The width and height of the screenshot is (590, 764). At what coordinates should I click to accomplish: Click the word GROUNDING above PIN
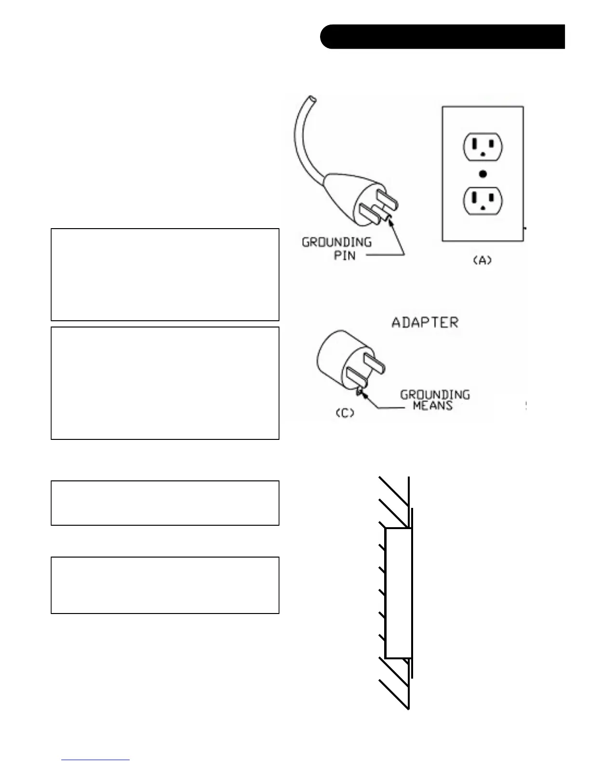click(x=336, y=242)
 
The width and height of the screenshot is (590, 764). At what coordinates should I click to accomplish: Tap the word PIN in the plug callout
click(x=345, y=255)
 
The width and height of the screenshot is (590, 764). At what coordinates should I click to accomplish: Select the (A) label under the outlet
click(x=482, y=260)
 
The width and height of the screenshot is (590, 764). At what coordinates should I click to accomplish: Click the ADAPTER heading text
click(x=425, y=322)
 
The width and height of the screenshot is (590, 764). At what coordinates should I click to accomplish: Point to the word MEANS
click(x=432, y=406)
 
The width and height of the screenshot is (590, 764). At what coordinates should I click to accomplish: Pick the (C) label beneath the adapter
click(x=345, y=413)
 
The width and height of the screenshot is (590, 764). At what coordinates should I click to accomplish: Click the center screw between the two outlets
click(x=483, y=174)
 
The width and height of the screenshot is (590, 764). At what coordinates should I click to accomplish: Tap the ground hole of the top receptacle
click(x=482, y=155)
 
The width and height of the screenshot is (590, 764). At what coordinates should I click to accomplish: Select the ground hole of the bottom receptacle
click(x=482, y=209)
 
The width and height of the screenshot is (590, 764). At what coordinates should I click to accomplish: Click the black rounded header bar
click(x=442, y=37)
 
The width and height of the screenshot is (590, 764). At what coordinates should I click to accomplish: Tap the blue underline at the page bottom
click(x=95, y=760)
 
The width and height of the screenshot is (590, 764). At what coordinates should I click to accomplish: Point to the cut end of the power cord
click(x=311, y=99)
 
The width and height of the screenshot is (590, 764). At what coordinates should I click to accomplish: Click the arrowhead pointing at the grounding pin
click(x=389, y=219)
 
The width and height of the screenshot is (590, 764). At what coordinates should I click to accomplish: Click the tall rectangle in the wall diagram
click(x=398, y=593)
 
